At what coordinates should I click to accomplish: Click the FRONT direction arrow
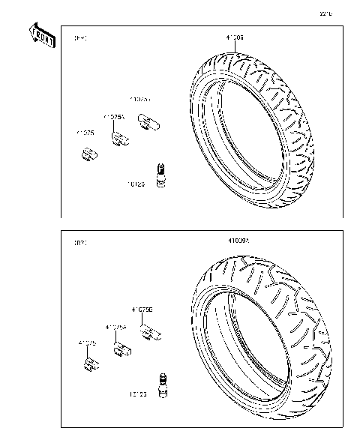[43, 35]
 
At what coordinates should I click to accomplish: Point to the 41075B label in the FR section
[140, 99]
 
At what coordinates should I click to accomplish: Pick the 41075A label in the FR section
[114, 116]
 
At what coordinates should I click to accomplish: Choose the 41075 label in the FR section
[85, 133]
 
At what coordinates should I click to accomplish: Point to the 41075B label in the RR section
[142, 309]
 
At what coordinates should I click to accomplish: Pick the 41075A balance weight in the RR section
[121, 349]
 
